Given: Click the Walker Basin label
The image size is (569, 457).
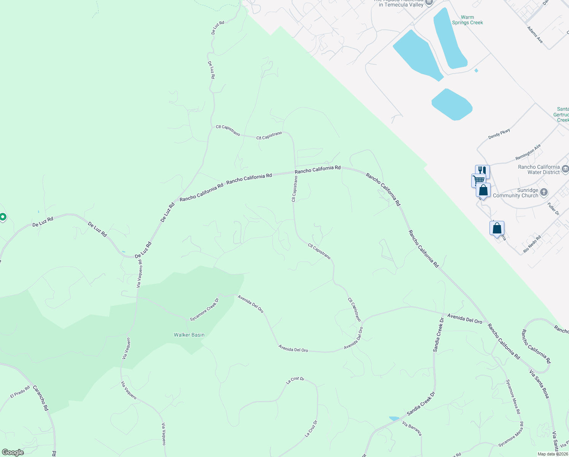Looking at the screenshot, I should (189, 335).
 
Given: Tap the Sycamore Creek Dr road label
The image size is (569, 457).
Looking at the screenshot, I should (205, 310).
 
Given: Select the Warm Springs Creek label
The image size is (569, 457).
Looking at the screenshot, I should (467, 20).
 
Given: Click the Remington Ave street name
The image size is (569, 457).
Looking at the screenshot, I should (528, 152).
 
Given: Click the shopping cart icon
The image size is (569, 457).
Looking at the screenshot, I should (478, 180).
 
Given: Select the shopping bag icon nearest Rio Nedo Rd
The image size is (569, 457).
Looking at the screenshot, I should (497, 228).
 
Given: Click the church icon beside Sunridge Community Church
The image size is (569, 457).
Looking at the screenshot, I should (544, 192).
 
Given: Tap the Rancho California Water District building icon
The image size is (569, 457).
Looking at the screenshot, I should (565, 169).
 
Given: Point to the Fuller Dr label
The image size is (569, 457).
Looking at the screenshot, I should (553, 209).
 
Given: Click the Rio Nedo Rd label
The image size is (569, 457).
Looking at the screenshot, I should (532, 244).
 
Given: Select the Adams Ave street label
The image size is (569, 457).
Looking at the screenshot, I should (535, 35).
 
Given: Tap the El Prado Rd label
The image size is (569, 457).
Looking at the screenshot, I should (20, 392).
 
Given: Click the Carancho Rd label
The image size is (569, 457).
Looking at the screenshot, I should (41, 398).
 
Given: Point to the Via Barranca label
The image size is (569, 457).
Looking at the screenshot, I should (412, 429).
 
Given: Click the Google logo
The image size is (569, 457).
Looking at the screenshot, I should (13, 452).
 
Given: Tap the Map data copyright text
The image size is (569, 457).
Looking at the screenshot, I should (553, 454).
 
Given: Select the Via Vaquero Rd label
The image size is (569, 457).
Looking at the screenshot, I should (140, 273).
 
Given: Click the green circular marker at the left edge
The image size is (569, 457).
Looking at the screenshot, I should (3, 217).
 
